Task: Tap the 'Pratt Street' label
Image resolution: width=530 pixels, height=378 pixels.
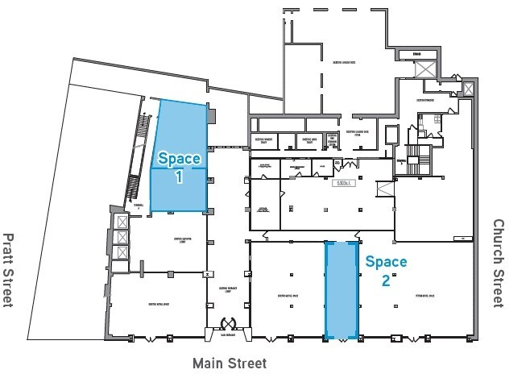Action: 9,270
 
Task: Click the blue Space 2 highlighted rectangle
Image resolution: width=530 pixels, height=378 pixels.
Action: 341,290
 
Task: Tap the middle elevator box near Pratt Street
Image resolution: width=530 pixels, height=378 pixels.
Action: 121,237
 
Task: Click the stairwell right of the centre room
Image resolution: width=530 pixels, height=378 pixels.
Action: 385,190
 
